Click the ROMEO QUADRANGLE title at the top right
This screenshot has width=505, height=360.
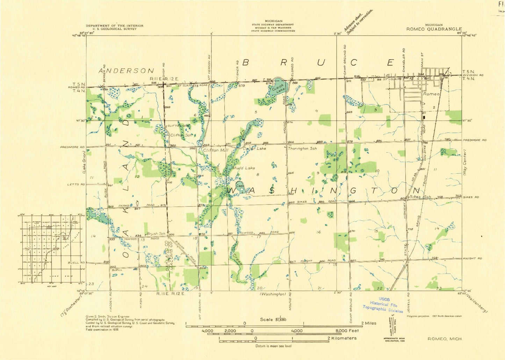(x=434, y=29)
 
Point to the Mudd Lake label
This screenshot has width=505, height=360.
(x=244, y=168)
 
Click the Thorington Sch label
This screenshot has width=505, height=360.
(x=302, y=149)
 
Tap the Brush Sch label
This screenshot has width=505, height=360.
(x=156, y=233)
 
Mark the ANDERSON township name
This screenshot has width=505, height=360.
(x=126, y=71)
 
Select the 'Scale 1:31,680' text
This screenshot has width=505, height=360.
(x=273, y=319)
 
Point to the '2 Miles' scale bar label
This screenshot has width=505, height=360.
(x=369, y=323)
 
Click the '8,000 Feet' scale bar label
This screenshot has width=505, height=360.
(x=347, y=331)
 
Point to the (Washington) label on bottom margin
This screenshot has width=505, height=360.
(x=273, y=294)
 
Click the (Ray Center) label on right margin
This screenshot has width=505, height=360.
(x=465, y=163)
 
